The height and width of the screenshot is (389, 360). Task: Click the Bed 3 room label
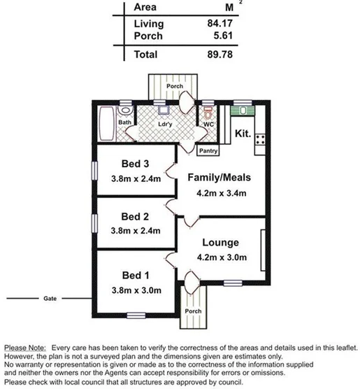pyautogui.click(x=136, y=164)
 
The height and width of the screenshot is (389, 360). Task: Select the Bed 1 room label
pyautogui.click(x=136, y=275)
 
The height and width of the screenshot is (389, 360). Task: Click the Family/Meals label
pyautogui.click(x=219, y=178)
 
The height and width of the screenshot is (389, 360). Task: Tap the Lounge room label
pyautogui.click(x=220, y=243)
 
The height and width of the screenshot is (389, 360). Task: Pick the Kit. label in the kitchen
pyautogui.click(x=243, y=133)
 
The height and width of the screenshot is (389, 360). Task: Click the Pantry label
pyautogui.click(x=208, y=150)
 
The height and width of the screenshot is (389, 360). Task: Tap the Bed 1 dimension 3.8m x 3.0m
pyautogui.click(x=136, y=290)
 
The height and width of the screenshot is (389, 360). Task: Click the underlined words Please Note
pyautogui.click(x=24, y=348)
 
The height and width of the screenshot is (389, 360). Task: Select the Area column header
pyautogui.click(x=145, y=7)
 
